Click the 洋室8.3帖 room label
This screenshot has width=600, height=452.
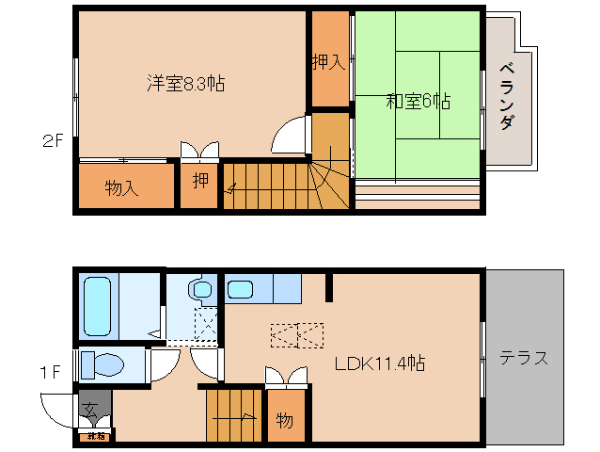(x=185, y=83)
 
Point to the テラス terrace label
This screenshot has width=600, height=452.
(x=524, y=358)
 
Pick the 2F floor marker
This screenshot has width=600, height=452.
(x=52, y=142)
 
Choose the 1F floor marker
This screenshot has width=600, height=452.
(x=52, y=372)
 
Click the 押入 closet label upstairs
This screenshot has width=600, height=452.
(x=328, y=63)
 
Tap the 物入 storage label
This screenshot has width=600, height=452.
(x=121, y=187)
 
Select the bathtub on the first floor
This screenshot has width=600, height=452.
(x=97, y=305)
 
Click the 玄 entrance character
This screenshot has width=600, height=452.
(x=90, y=411)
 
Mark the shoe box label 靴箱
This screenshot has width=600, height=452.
(x=95, y=436)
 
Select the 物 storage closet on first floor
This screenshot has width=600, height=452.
(x=285, y=420)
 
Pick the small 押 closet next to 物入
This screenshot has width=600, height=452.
(x=199, y=181)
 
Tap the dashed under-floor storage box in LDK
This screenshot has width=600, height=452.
(x=297, y=334)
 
